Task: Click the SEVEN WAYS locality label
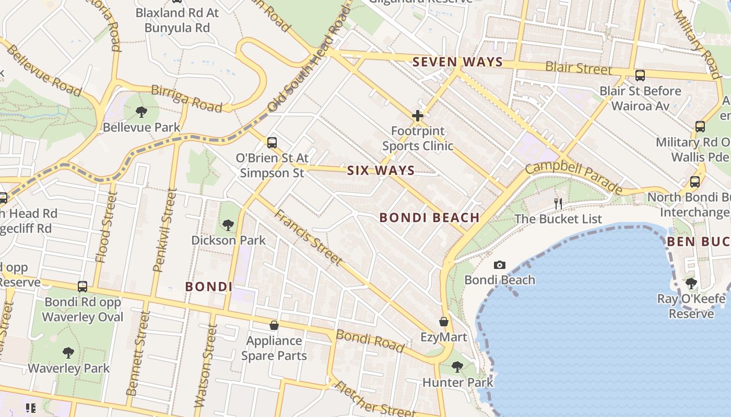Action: [x=457, y=62]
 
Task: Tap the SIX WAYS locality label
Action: [x=381, y=170]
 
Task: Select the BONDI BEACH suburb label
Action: [x=429, y=218]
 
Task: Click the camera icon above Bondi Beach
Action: [x=500, y=265]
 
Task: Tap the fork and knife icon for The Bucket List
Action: [x=558, y=203]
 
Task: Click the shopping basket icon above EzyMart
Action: [x=444, y=322]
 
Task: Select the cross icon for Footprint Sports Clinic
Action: [x=417, y=115]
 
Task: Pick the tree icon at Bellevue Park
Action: [x=141, y=112]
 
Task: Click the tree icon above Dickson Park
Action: [x=228, y=225]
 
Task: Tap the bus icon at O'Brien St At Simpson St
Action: [x=272, y=142]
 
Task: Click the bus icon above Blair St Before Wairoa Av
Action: [x=640, y=76]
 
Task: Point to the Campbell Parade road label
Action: [x=574, y=177]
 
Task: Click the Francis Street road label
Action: [x=309, y=237]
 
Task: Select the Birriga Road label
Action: [x=186, y=99]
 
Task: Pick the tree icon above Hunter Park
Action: [x=457, y=367]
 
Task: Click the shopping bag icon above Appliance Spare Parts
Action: [x=274, y=325]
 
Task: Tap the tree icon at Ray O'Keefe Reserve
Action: [x=691, y=284]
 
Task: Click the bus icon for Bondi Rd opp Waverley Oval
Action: [x=82, y=286]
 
